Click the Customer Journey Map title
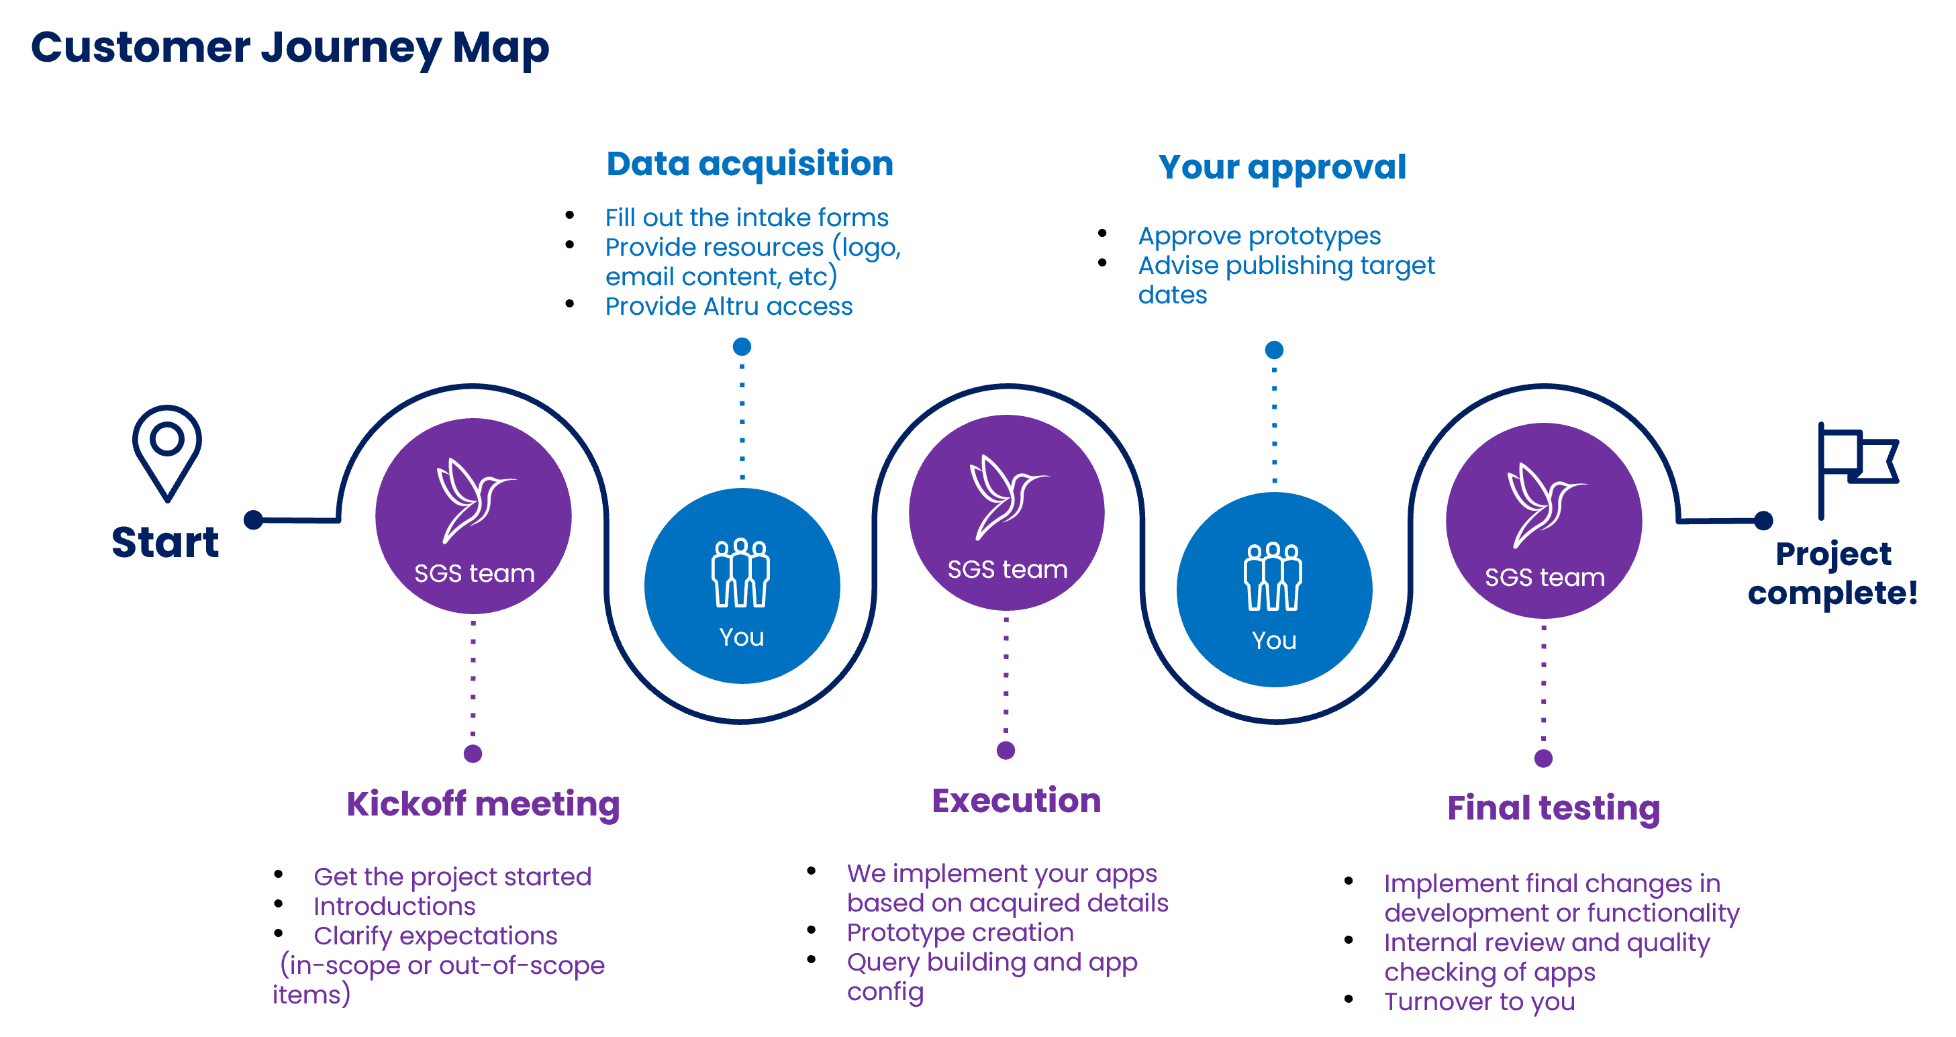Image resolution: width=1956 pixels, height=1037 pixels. pos(289,48)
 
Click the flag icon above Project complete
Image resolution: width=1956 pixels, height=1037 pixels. pos(1858,471)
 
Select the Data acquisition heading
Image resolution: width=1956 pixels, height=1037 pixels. pos(750,164)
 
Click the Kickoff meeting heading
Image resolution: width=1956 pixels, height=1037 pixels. pos(483,805)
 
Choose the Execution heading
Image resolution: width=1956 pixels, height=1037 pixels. pos(1016,801)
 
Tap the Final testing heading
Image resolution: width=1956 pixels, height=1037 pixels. pos(1553,809)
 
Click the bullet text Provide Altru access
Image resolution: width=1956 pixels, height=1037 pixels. pos(728,306)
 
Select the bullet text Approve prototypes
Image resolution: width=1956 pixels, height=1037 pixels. pos(1259,237)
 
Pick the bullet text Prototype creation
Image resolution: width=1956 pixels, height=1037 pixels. pos(960,932)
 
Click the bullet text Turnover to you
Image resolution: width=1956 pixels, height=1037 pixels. pos(1479,1002)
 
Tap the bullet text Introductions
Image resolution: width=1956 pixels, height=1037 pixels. pos(394,906)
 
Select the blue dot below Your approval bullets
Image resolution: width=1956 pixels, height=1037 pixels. pos(1274,350)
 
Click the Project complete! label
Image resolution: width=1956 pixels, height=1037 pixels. pos(1832,574)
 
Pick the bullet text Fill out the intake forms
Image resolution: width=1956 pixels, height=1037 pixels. pos(746,218)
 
